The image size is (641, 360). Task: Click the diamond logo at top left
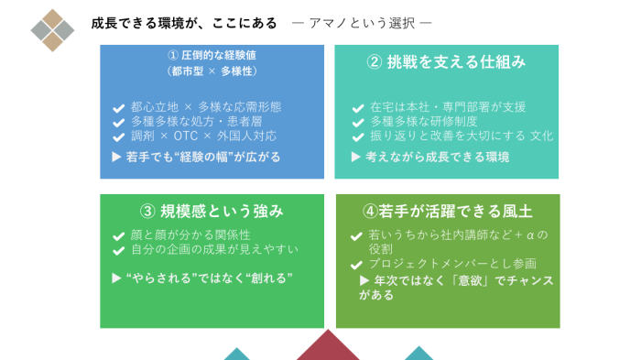[52, 30]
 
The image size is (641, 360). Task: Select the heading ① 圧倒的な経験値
[212, 55]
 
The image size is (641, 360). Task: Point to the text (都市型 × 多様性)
[212, 71]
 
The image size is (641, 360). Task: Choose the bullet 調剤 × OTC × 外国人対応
[202, 136]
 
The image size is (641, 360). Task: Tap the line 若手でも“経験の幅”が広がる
[201, 157]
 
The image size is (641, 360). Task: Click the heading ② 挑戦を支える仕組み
[446, 61]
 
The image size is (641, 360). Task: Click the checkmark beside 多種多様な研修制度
[358, 122]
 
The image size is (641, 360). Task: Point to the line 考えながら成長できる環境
[438, 157]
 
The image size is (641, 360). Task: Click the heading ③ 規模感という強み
[212, 211]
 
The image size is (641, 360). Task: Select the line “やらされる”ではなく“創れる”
[209, 277]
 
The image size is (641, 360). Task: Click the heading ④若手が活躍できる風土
[448, 211]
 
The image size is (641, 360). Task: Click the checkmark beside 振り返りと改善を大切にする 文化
[358, 136]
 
